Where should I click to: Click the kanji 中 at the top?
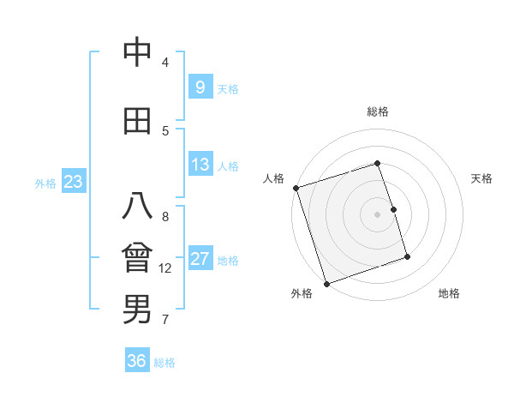[137, 53]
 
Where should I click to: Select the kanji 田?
[137, 121]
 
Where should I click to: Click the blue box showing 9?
[200, 87]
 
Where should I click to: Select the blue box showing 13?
[200, 164]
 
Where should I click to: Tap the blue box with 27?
[200, 259]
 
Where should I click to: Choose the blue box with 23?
[73, 181]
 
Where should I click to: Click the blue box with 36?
[137, 361]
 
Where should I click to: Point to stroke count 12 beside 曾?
[165, 268]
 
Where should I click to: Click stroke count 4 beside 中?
[165, 62]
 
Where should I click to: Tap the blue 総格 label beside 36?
[164, 363]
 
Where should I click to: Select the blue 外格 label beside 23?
[45, 183]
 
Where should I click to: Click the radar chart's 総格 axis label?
[378, 111]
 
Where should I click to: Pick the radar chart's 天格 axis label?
[482, 178]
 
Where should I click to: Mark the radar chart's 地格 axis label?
[449, 293]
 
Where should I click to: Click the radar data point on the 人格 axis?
[296, 188]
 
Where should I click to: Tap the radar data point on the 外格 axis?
[326, 282]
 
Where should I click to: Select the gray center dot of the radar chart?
[378, 214]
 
